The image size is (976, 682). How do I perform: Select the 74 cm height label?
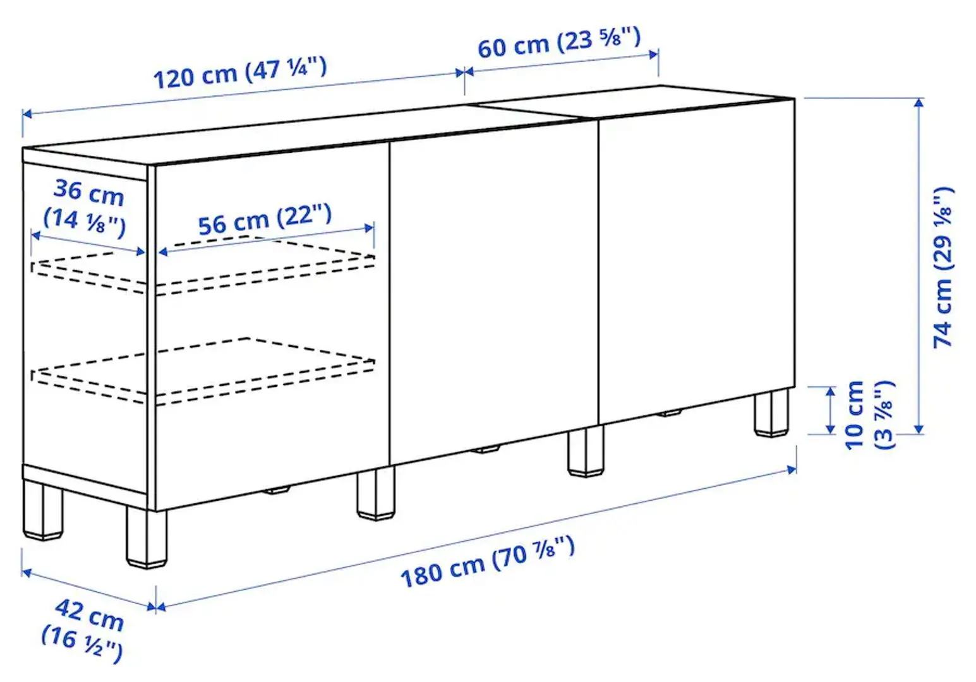(x=944, y=266)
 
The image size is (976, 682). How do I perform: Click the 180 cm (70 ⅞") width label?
(x=487, y=561)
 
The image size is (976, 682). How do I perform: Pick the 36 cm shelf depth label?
(x=86, y=206)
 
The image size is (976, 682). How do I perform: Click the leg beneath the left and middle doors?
(x=375, y=494)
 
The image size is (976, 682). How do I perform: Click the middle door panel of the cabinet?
(x=493, y=290)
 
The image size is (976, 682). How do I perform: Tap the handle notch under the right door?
(x=671, y=414)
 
